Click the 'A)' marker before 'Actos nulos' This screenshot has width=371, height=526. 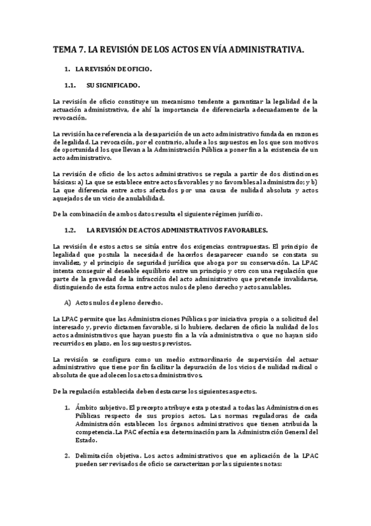(68, 303)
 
